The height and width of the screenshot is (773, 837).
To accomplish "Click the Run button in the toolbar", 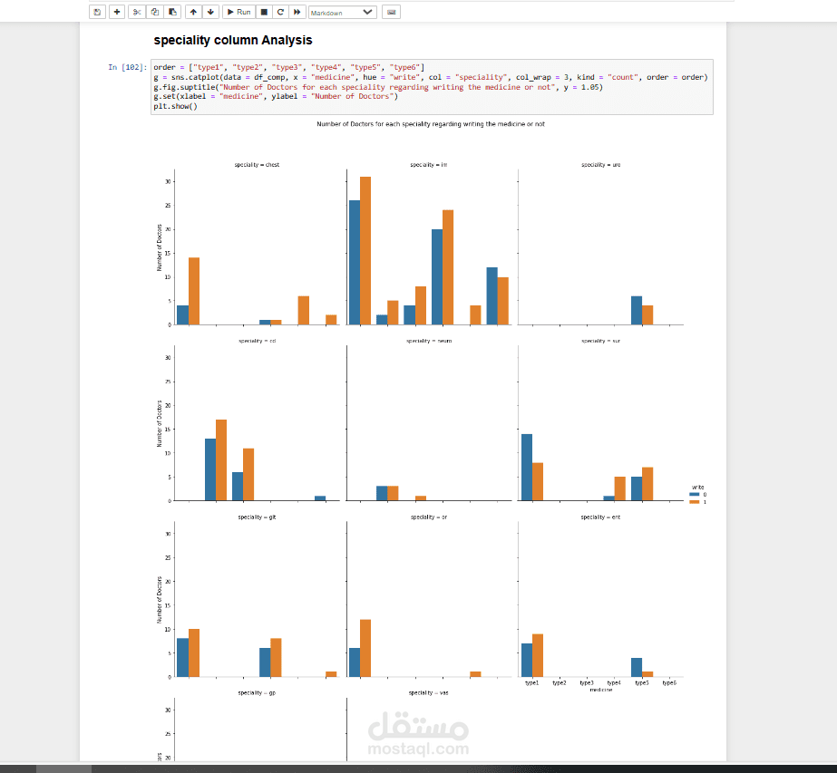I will click(238, 12).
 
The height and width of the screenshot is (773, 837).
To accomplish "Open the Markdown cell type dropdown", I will click(342, 13).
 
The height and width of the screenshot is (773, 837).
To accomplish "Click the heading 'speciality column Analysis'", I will click(232, 40).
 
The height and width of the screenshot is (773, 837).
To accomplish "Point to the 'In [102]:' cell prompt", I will click(127, 67).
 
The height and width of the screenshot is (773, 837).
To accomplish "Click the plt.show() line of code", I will click(175, 106).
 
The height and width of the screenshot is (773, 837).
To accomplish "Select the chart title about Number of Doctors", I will click(431, 124).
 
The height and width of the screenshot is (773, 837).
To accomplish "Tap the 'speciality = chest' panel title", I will click(257, 165).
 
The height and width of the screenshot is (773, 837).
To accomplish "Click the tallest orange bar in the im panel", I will click(365, 250).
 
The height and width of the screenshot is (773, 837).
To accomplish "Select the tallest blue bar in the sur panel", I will click(527, 467).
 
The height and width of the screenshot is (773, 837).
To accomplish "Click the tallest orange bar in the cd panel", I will click(221, 459).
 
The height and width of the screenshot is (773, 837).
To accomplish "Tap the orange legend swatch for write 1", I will click(695, 501).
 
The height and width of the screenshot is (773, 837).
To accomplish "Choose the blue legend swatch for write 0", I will click(695, 494).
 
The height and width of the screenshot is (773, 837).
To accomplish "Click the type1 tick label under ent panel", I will click(532, 683).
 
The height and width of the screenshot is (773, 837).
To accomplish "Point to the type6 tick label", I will click(669, 683).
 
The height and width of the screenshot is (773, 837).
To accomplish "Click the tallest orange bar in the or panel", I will click(365, 648).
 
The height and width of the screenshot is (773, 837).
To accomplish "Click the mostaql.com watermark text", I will click(419, 749).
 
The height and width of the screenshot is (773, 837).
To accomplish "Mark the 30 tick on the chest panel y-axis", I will click(167, 181).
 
